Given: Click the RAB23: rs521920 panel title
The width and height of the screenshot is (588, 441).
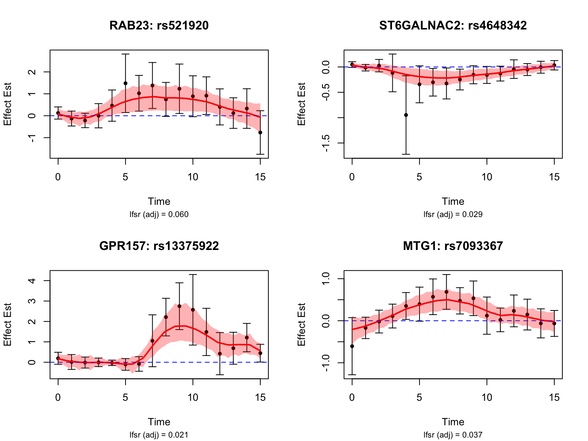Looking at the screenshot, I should tap(159, 26).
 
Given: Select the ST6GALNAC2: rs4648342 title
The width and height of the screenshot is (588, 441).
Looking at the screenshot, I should tap(453, 26).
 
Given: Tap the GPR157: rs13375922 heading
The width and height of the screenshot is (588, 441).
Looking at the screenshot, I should tap(159, 246).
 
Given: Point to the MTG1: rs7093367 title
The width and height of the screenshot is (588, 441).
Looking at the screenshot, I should tap(453, 246).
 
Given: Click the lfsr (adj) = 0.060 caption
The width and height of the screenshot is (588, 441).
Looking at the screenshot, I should tap(159, 214).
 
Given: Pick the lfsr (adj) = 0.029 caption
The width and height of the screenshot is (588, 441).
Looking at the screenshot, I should tap(453, 214).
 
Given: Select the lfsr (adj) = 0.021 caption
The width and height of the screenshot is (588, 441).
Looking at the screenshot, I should tap(159, 434).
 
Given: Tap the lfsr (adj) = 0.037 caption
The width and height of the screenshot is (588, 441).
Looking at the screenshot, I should tap(453, 434).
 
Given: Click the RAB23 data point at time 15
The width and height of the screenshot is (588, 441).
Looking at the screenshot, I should tap(260, 132).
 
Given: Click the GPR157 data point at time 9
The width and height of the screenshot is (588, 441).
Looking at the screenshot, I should tap(179, 306).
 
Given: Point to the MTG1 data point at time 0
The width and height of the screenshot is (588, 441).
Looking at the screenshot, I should tap(352, 346).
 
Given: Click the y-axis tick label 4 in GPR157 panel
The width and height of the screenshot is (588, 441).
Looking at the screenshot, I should tap(33, 281).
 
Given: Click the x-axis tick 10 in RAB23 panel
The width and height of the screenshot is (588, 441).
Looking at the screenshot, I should tap(193, 177).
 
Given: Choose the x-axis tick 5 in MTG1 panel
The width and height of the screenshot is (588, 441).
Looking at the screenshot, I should tap(420, 397).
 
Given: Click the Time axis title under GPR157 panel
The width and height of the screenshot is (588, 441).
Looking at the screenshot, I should tap(159, 422).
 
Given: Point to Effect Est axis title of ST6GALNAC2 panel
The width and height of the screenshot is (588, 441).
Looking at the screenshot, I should tap(302, 104).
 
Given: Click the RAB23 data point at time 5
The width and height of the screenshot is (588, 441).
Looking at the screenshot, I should tap(125, 83).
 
